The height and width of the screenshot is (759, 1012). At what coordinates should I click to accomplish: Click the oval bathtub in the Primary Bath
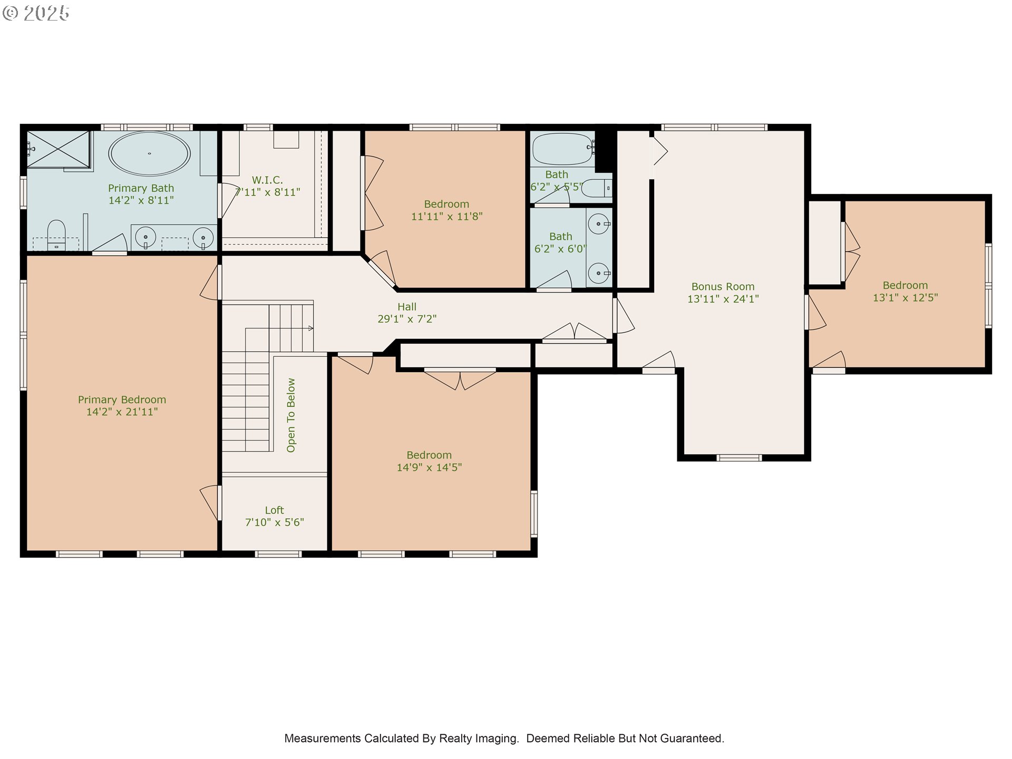point(149,153)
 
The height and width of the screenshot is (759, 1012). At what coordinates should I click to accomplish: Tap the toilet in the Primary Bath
point(56,235)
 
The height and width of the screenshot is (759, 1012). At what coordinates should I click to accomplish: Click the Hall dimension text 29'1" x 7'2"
point(407,319)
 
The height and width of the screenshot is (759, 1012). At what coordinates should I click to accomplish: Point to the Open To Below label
point(291,415)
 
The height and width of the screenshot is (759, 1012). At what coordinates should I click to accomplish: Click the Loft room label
point(274,510)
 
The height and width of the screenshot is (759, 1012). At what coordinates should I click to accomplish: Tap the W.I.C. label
point(267,180)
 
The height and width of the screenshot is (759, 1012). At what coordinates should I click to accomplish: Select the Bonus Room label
point(723,287)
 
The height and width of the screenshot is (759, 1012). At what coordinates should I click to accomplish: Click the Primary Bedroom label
point(122,400)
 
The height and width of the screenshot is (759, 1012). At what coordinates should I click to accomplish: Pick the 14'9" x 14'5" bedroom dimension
point(429,468)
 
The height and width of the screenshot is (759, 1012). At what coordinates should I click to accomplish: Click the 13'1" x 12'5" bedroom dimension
point(905,298)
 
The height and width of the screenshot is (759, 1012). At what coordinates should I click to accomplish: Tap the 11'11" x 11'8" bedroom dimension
point(446,217)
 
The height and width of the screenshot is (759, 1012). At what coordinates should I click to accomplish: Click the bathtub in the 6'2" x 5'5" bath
point(562,149)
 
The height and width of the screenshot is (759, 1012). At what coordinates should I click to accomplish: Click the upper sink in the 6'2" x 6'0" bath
point(599,224)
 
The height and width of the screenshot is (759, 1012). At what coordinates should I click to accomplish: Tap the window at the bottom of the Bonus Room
point(739,458)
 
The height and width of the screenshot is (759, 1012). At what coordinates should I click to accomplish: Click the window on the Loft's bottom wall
point(278,554)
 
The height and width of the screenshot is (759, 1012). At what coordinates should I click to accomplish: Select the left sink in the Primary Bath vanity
point(145,238)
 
